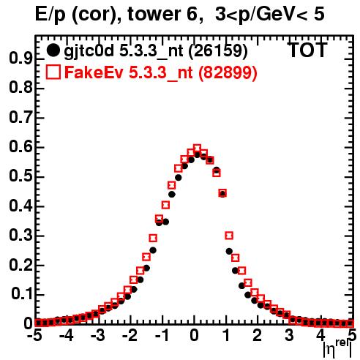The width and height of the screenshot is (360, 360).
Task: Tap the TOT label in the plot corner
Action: pyautogui.click(x=308, y=50)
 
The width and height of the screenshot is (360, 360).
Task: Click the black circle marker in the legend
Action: pyautogui.click(x=53, y=50)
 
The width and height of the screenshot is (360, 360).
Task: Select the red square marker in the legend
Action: pyautogui.click(x=53, y=72)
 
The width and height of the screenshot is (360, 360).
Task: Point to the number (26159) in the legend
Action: pyautogui.click(x=218, y=50)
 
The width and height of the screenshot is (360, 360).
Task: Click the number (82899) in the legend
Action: pyautogui.click(x=228, y=72)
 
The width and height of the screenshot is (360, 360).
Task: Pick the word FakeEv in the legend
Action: pyautogui.click(x=94, y=72)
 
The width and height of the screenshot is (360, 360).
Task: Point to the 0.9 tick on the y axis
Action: pyautogui.click(x=20, y=59)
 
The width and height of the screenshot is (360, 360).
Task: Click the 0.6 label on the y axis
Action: pyautogui.click(x=20, y=147)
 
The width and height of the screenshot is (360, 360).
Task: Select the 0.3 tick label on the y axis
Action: pyautogui.click(x=20, y=236)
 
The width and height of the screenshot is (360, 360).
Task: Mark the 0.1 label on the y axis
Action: pyautogui.click(x=21, y=295)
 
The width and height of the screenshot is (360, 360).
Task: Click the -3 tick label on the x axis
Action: pyautogui.click(x=97, y=336)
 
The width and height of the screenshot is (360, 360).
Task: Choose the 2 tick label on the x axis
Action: pyautogui.click(x=258, y=336)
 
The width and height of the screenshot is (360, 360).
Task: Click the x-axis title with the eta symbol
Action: pyautogui.click(x=338, y=349)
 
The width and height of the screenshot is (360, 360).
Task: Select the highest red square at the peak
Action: pyautogui.click(x=197, y=148)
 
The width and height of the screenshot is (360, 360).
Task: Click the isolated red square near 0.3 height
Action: pyautogui.click(x=229, y=236)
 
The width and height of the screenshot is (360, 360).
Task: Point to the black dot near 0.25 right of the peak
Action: pyautogui.click(x=229, y=251)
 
